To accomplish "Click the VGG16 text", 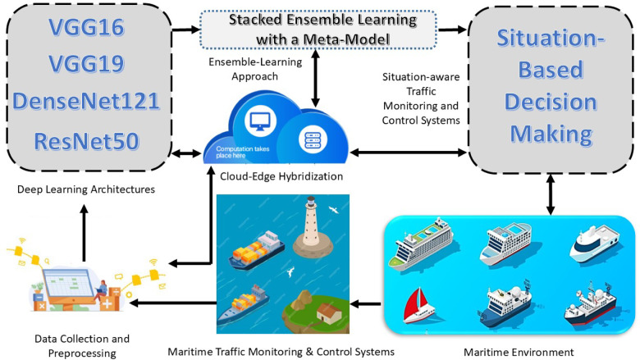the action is click(x=86, y=27).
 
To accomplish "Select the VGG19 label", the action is click(x=86, y=64).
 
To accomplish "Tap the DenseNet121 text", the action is click(x=85, y=101).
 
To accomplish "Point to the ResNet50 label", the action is click(x=86, y=141).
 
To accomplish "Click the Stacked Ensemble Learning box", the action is click(x=318, y=30).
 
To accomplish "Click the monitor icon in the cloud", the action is click(x=260, y=121).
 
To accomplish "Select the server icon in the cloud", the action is click(x=313, y=140).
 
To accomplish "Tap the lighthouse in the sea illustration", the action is click(x=313, y=227).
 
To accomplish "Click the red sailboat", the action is click(x=418, y=306).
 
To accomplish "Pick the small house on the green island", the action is click(x=328, y=313).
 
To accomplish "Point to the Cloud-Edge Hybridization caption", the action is click(x=281, y=176).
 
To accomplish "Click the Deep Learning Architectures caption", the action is click(x=86, y=189).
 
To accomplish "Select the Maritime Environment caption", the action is click(x=519, y=352).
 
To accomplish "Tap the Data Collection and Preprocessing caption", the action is click(x=82, y=346).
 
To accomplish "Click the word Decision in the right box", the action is click(x=551, y=102).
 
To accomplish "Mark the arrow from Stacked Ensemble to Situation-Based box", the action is click(x=452, y=30).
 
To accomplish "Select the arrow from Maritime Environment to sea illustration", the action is click(x=366, y=304).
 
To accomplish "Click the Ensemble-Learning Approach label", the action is click(x=255, y=69).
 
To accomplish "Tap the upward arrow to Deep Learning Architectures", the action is click(x=84, y=233).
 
